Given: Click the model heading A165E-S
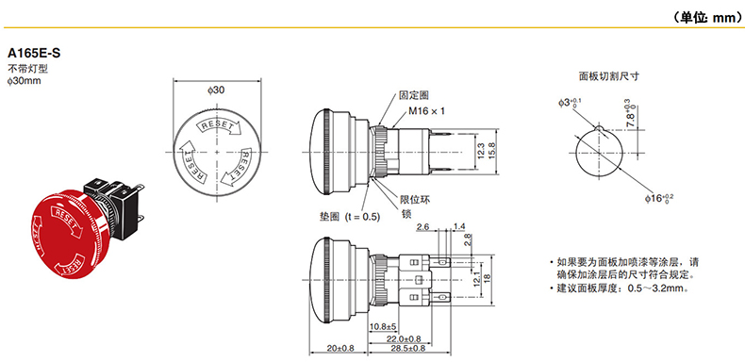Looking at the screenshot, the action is coord(34,53).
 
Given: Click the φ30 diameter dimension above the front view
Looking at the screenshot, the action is coord(216,90).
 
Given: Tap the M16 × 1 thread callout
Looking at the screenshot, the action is coord(426,111).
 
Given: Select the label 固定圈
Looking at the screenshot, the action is coord(414,95).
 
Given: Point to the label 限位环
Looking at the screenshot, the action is coord(415,200).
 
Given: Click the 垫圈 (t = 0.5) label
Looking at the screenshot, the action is coord(350,217).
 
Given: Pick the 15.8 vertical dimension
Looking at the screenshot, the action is coord(492,151).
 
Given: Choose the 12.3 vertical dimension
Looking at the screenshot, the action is coord(481,151).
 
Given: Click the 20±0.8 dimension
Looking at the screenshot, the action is coord(339,349).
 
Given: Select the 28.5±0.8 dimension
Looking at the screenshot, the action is coord(408,349).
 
